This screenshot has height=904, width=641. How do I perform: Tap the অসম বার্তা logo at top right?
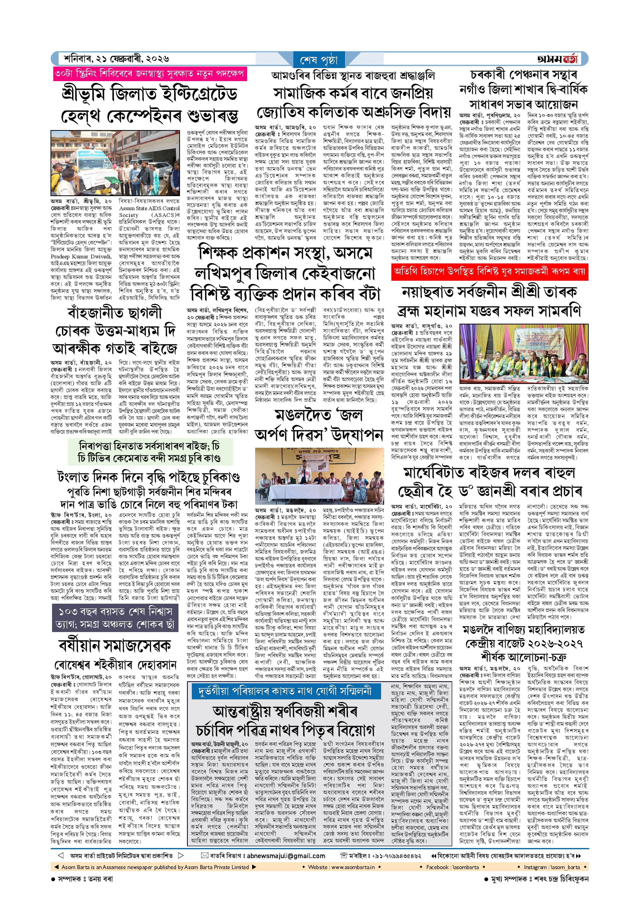click(557, 59)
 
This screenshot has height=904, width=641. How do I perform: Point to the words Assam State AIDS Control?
click(149, 208)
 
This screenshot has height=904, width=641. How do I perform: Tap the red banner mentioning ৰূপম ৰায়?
click(489, 272)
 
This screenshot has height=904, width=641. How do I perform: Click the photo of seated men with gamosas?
click(524, 354)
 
